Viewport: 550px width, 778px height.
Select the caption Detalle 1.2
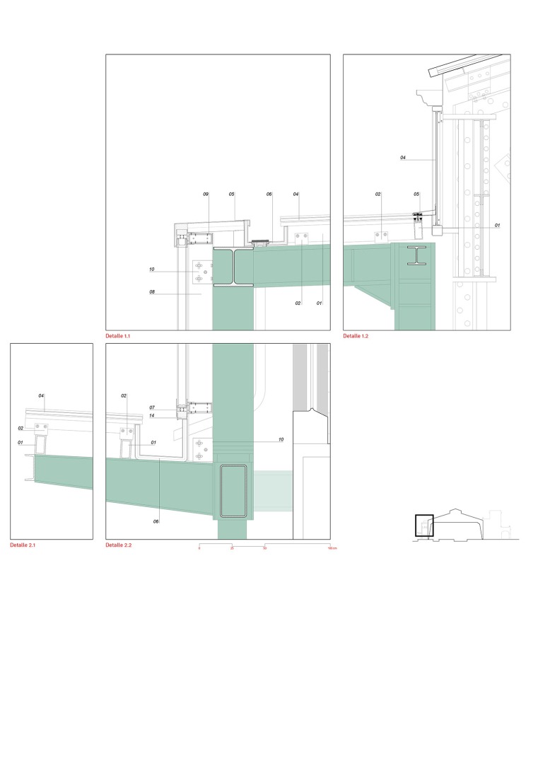pyautogui.click(x=356, y=337)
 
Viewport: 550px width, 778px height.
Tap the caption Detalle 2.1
pyautogui.click(x=23, y=545)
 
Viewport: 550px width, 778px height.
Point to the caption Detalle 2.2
pyautogui.click(x=118, y=545)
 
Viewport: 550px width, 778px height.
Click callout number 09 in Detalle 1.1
pyautogui.click(x=206, y=194)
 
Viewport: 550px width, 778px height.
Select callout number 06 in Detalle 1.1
pyautogui.click(x=269, y=194)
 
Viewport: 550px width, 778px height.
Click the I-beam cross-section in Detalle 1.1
pyautogui.click(x=233, y=267)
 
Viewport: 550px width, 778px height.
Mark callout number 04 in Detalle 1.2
pyautogui.click(x=402, y=158)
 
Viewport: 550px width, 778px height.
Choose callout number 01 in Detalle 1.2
pyautogui.click(x=497, y=226)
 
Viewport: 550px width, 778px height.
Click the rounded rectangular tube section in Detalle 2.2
pyautogui.click(x=233, y=491)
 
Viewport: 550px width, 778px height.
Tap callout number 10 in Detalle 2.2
pyautogui.click(x=281, y=439)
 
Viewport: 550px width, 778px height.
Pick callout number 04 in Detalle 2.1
pyautogui.click(x=41, y=395)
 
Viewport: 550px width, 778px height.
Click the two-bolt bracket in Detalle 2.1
pyautogui.click(x=40, y=428)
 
